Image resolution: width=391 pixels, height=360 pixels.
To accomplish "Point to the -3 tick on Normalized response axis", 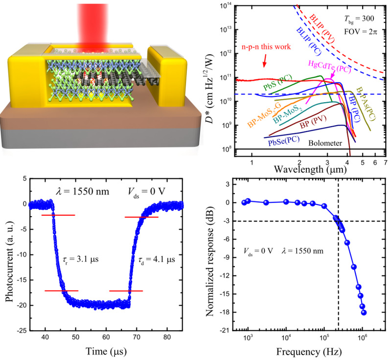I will tap(227, 221).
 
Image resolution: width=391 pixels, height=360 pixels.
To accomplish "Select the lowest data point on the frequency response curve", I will tap(364, 313).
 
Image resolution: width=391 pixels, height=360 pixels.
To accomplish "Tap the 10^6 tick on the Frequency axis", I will tap(362, 338).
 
